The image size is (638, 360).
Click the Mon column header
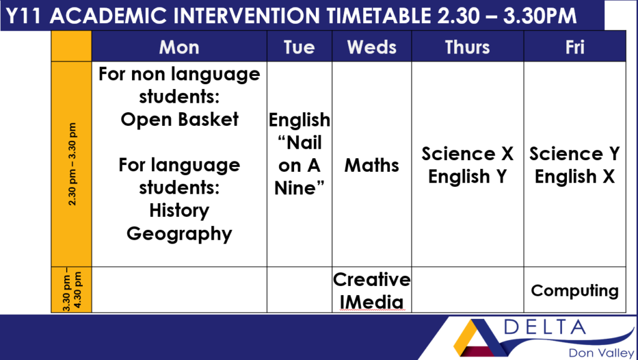click(x=179, y=47)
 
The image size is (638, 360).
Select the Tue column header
click(x=299, y=47)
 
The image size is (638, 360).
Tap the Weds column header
click(x=371, y=47)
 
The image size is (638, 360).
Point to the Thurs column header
click(x=467, y=47)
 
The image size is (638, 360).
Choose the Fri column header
click(x=574, y=47)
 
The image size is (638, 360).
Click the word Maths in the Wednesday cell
click(x=371, y=165)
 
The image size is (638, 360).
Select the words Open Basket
click(x=179, y=119)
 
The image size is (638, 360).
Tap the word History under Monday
click(x=179, y=211)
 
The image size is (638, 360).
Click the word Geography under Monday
click(x=179, y=234)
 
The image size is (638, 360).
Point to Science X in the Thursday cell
click(x=467, y=154)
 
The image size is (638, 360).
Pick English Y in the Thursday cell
click(x=467, y=177)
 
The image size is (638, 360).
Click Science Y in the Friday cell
click(x=574, y=154)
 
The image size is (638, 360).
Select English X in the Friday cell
click(x=574, y=177)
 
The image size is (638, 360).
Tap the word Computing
click(x=574, y=291)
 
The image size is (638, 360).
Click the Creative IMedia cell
click(x=371, y=290)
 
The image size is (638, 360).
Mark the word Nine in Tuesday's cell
click(x=299, y=188)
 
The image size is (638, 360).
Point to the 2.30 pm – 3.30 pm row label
click(x=72, y=164)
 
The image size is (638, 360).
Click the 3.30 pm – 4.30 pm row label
click(x=72, y=290)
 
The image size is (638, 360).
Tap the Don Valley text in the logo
click(x=601, y=353)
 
